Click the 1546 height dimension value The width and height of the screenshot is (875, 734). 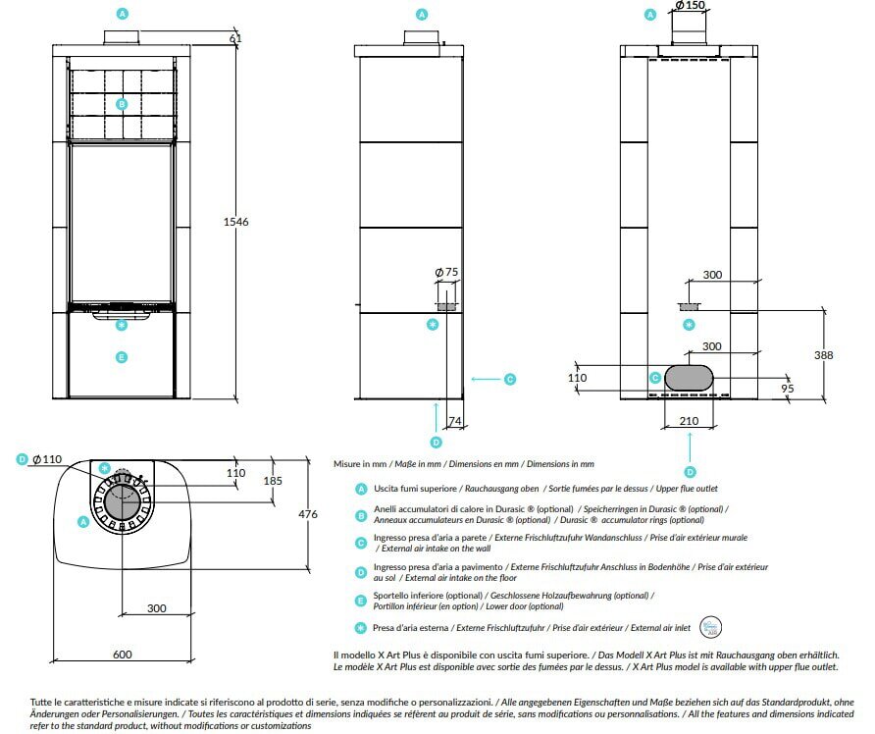235,222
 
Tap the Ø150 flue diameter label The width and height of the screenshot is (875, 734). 691,6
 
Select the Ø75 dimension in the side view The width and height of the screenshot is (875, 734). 446,273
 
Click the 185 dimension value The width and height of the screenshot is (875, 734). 273,481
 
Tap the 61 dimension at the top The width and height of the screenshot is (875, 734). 235,38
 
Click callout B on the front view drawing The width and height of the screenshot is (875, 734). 122,103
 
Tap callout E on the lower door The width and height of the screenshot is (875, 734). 122,357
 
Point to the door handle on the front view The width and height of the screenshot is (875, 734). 122,313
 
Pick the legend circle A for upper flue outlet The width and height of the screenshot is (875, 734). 362,488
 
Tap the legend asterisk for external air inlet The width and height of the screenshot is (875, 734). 362,628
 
